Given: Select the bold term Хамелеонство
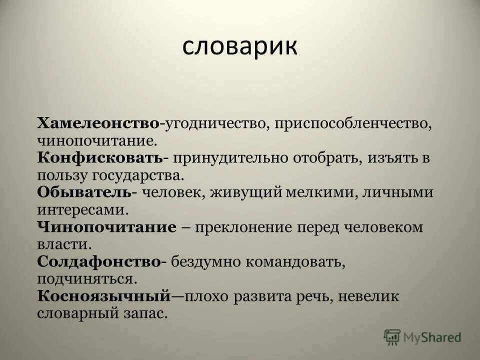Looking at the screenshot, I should (98, 123).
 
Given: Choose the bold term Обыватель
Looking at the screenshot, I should (83, 192).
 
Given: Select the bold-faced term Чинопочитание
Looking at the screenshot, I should (106, 227).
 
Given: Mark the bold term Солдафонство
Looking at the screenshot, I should (98, 262).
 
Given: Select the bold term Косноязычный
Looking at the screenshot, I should (104, 296).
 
